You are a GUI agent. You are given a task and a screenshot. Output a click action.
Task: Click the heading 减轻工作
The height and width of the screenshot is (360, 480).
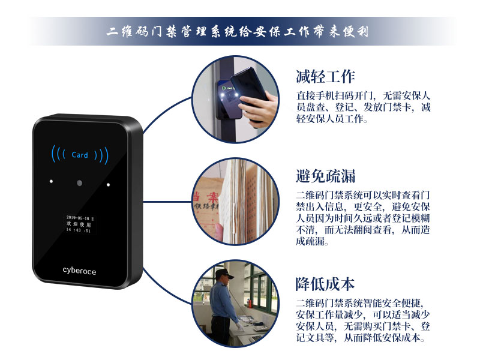[x=326, y=77]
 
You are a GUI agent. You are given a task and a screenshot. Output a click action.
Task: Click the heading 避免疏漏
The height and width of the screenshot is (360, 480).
[x=326, y=176]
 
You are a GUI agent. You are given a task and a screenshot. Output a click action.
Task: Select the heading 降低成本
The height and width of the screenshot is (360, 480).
[x=326, y=283]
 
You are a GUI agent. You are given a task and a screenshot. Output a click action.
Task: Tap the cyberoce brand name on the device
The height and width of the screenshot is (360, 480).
[x=79, y=271]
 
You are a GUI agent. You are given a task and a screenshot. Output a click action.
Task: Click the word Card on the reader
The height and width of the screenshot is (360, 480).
[x=80, y=155]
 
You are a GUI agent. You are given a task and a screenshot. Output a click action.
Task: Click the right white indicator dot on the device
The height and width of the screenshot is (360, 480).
[x=109, y=184]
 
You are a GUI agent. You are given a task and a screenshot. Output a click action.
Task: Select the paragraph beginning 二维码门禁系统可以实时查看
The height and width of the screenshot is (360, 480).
[x=364, y=218]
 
